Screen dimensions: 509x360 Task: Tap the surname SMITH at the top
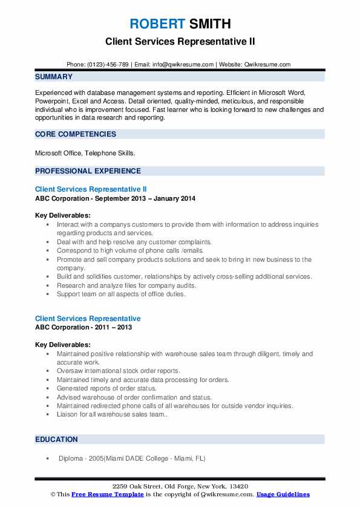(210, 24)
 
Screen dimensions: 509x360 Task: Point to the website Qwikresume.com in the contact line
(268, 64)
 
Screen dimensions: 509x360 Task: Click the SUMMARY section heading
(54, 77)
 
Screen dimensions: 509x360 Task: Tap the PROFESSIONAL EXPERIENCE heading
(88, 171)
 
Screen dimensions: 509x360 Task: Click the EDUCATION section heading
(56, 439)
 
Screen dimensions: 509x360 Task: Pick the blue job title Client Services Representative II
(91, 189)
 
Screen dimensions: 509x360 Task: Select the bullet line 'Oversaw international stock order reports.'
(119, 371)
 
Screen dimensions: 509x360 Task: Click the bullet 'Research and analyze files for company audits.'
(127, 285)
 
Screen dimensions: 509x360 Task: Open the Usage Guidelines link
(283, 494)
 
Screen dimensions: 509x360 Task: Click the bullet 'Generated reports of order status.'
(106, 388)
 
